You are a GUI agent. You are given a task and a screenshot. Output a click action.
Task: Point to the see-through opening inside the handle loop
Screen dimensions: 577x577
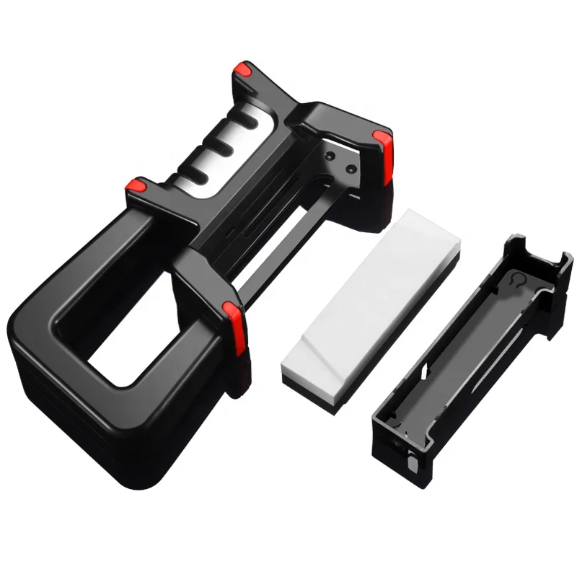(133, 339)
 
